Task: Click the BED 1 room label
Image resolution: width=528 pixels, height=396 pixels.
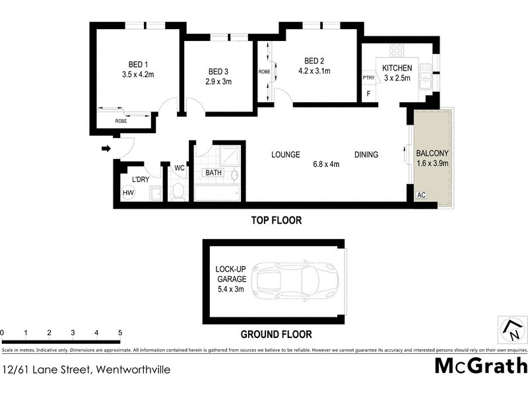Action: [137, 64]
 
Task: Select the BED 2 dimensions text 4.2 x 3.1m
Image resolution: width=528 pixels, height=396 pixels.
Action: [314, 71]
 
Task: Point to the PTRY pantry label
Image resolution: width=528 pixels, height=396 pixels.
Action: [368, 78]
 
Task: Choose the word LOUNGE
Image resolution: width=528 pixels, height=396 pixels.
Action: [286, 155]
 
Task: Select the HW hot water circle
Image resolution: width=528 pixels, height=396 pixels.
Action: [128, 193]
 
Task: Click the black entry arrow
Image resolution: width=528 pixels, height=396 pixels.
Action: [106, 149]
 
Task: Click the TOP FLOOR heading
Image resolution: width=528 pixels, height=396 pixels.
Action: [276, 220]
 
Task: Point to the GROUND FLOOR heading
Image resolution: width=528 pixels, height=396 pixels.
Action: [276, 335]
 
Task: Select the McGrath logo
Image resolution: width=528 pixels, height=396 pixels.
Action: [480, 366]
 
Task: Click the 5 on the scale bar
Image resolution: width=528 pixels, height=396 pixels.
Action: [120, 332]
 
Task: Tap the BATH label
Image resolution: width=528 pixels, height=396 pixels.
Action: [214, 174]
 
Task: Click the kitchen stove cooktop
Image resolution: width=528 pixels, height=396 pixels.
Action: [397, 50]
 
